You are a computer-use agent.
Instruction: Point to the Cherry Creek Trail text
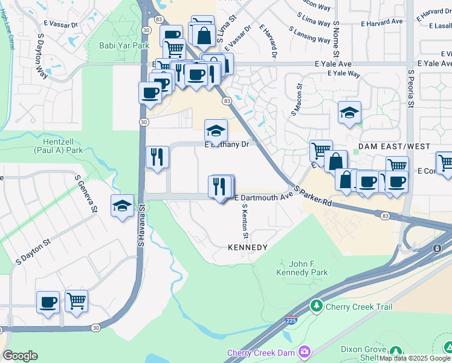tap(359, 307)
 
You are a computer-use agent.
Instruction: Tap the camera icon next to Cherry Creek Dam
tap(305, 352)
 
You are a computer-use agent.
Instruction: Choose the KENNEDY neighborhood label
tap(247, 248)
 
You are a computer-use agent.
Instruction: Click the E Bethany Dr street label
tap(227, 145)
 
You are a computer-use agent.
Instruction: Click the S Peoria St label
tap(410, 88)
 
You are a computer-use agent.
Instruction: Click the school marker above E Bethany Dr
tap(216, 129)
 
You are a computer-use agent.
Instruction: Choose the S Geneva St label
tap(86, 194)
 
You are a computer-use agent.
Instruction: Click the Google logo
tap(20, 356)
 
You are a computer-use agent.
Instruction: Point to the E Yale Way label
tap(344, 74)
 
